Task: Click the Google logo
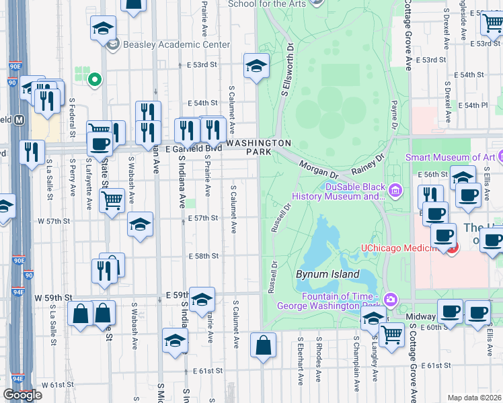point(22,395)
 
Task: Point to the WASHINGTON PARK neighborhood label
point(258,148)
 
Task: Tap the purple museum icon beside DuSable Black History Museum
point(395,191)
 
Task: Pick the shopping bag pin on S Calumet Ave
point(263,346)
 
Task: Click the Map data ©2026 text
point(474,398)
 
